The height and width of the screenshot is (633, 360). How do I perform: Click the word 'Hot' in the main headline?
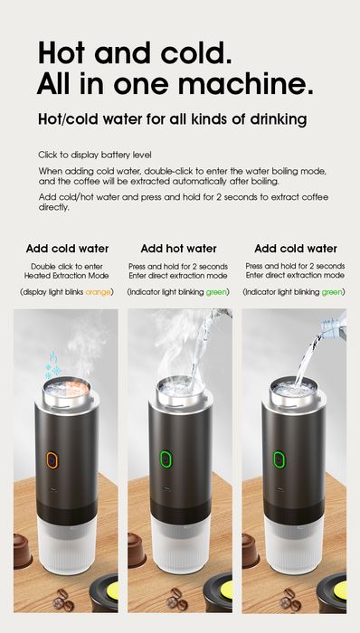tap(64, 53)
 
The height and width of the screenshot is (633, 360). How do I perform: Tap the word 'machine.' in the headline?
tap(263, 86)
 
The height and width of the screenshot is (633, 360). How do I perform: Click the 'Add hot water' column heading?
tap(178, 249)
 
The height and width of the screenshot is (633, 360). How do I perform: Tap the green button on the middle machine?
tap(166, 459)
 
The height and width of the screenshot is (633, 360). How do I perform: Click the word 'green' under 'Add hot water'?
tap(216, 292)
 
